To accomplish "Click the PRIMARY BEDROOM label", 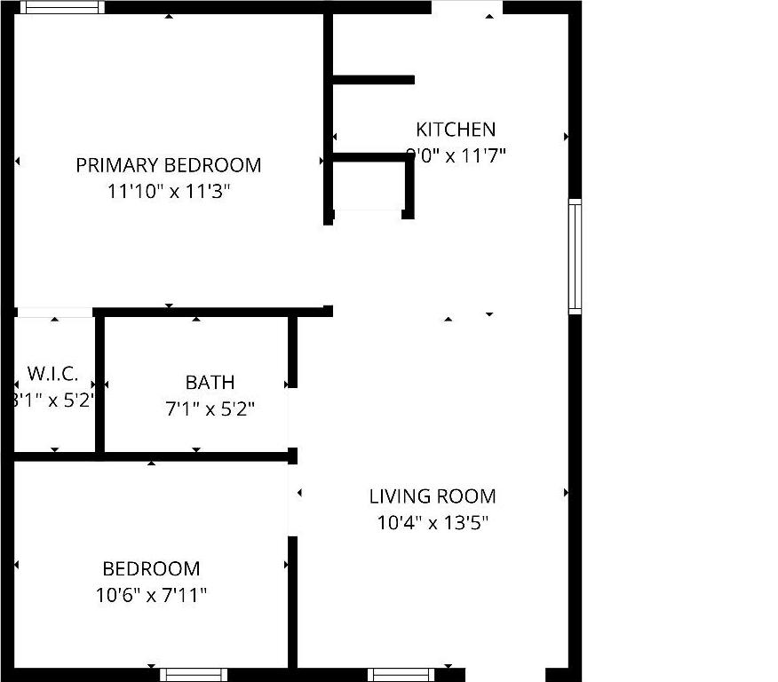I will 169,165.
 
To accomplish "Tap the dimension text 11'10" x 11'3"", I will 169,191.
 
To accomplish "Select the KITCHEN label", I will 456,130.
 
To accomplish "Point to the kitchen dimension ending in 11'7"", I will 456,156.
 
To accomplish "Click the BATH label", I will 210,383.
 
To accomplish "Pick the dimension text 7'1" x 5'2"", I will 210,409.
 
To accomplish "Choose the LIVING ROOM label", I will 433,496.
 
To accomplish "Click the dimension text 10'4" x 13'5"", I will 433,522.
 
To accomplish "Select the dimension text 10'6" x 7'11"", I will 151,594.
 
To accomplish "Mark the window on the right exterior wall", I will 575,257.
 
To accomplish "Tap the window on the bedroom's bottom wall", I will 194,675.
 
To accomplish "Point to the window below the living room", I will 401,675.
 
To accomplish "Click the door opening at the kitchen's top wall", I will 467,7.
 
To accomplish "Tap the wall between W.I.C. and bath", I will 100,384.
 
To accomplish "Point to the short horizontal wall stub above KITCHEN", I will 373,80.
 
